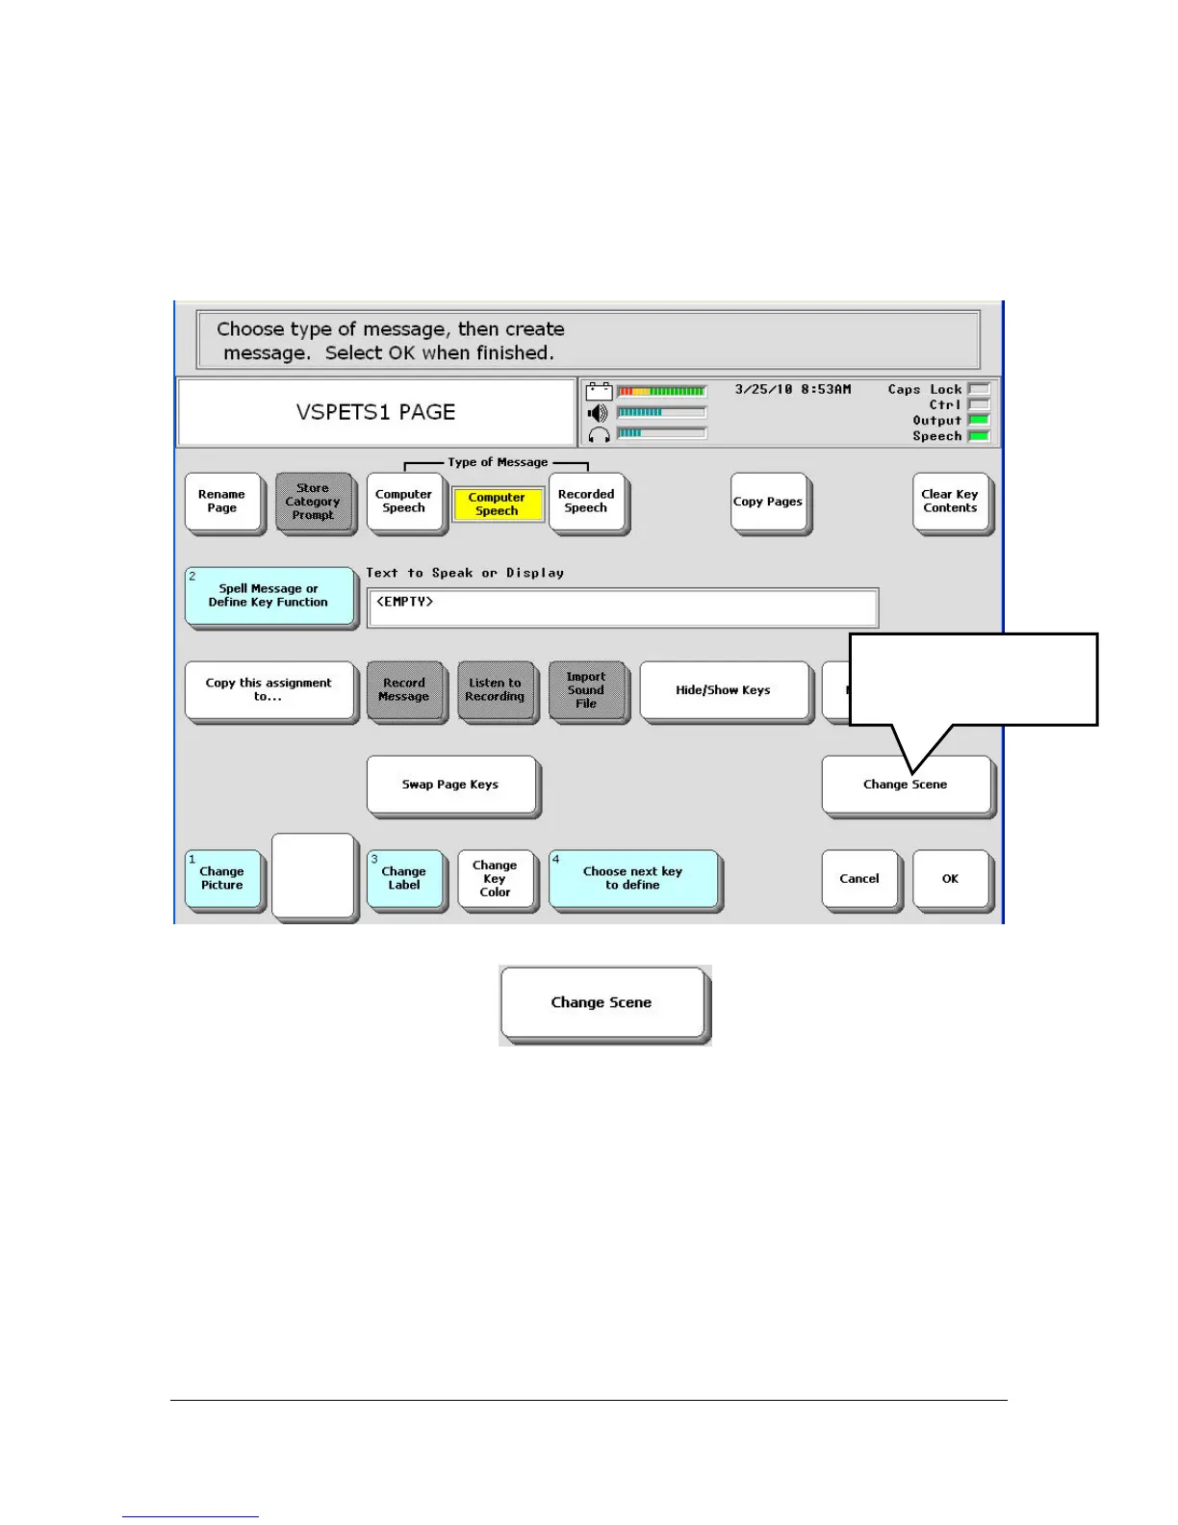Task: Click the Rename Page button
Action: (x=222, y=502)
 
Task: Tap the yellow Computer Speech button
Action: (x=498, y=504)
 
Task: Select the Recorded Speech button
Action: (x=586, y=502)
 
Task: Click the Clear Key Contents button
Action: (x=950, y=502)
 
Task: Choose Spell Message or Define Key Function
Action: (x=269, y=596)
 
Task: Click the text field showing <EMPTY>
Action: (x=622, y=607)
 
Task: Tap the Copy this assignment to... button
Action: (x=269, y=690)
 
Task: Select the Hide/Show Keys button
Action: (x=723, y=690)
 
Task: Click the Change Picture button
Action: (x=222, y=878)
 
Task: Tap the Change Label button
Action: (x=404, y=878)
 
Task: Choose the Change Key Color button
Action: (x=496, y=878)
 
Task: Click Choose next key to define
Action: (x=632, y=878)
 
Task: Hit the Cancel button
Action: (x=859, y=878)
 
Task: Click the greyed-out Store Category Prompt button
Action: (x=313, y=502)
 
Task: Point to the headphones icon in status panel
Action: (x=599, y=434)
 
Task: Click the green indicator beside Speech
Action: (x=979, y=436)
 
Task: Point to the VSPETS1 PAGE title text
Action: (x=375, y=412)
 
